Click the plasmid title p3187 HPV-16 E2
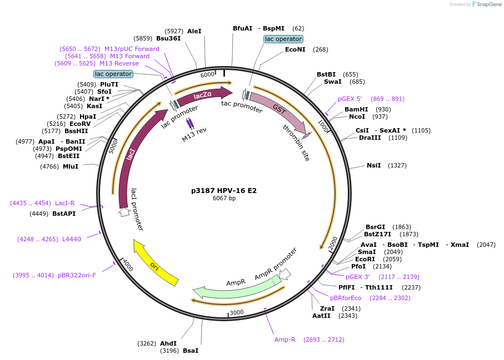[223, 190]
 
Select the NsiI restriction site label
[374, 165]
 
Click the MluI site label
[71, 166]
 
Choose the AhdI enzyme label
[168, 343]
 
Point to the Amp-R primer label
[285, 339]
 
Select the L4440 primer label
[72, 239]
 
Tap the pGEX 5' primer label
[350, 99]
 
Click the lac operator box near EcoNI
[283, 39]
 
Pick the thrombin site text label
[296, 143]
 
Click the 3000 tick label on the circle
[237, 312]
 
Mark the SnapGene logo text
[487, 4]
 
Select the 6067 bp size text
[224, 199]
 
